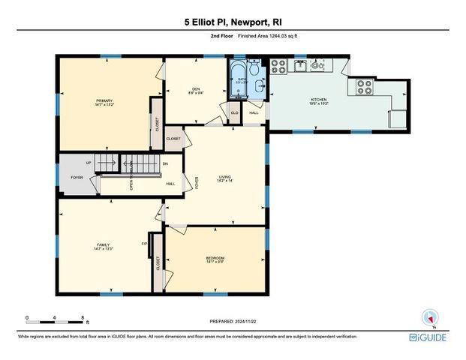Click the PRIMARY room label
click(104, 100)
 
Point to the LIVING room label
click(224, 178)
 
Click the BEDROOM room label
click(215, 259)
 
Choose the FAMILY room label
click(104, 245)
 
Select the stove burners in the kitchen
click(364, 86)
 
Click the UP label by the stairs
click(89, 163)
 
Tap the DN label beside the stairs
click(165, 163)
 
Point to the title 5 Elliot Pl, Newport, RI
click(233, 22)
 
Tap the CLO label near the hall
click(234, 113)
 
